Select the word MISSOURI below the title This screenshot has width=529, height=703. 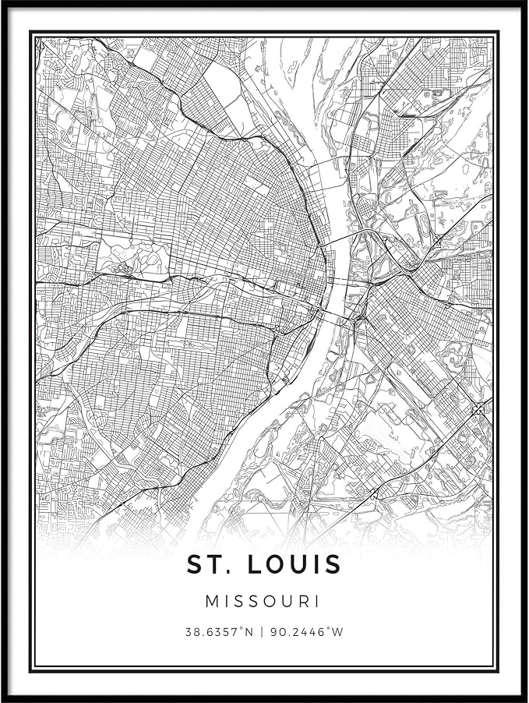click(263, 602)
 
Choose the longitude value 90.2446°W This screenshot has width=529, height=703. click(306, 632)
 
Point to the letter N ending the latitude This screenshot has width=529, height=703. click(249, 632)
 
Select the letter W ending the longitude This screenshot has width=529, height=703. click(337, 632)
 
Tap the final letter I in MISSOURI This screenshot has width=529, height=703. click(317, 602)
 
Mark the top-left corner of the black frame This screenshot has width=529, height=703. click(3, 3)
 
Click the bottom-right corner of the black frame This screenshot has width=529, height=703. click(525, 699)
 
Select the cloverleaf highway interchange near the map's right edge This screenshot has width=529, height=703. click(478, 408)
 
